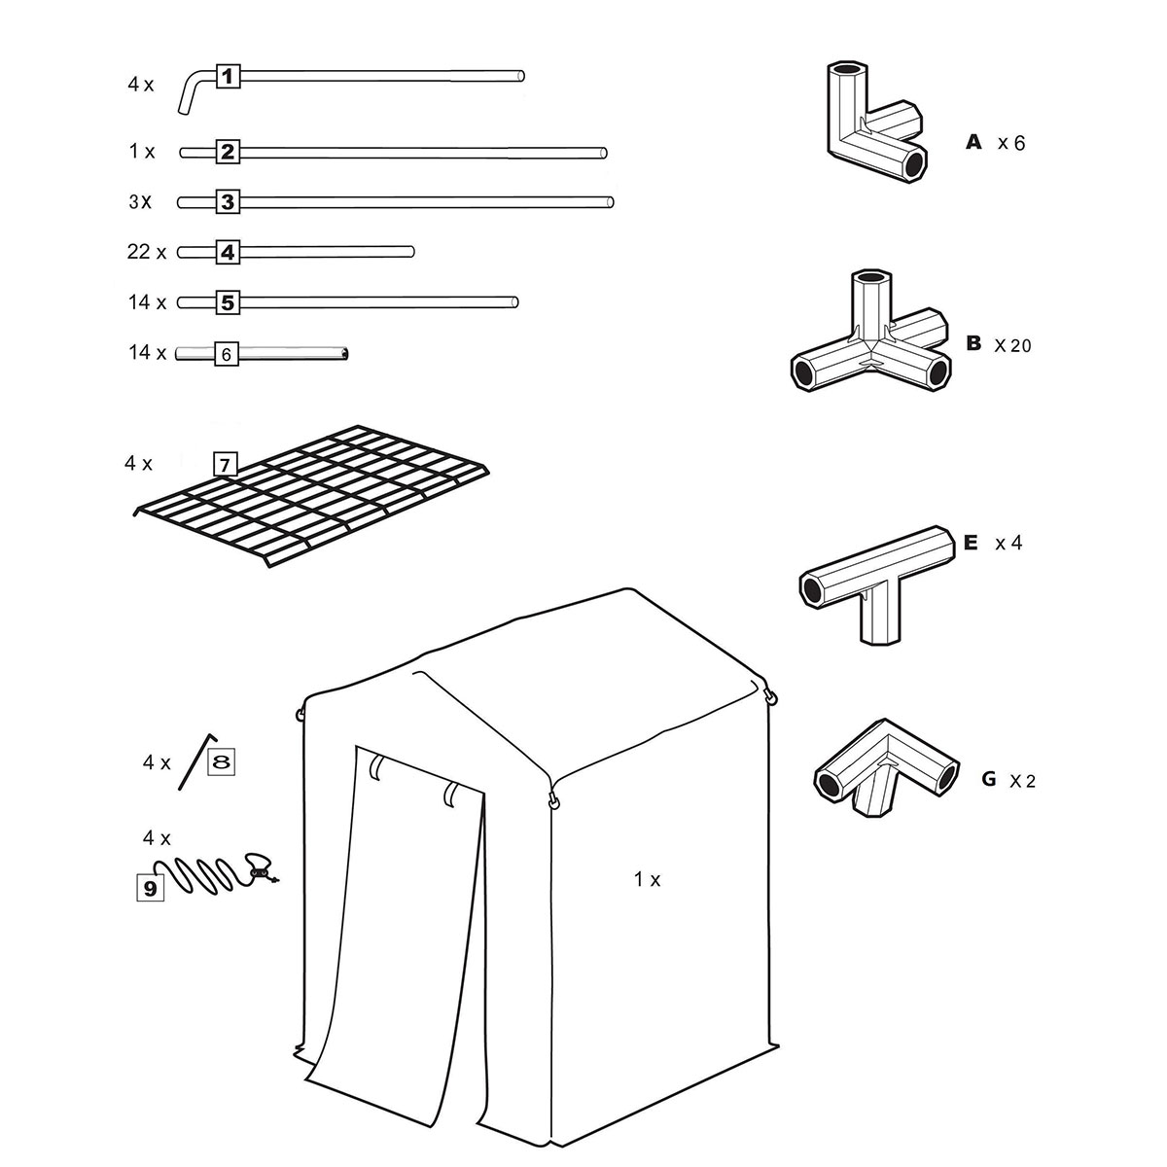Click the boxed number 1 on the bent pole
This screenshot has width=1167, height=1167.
point(227,75)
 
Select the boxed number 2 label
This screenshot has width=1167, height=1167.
point(227,152)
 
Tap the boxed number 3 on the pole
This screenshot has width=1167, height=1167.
point(227,202)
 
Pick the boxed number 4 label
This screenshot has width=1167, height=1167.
point(227,253)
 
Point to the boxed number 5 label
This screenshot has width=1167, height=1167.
point(227,302)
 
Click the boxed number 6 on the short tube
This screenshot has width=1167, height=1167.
point(226,354)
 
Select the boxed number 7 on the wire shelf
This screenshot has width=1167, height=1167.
point(225,465)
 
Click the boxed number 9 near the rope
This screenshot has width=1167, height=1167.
point(149,887)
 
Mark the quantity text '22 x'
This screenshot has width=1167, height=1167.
point(147,252)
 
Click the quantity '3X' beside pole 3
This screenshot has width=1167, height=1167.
point(141,202)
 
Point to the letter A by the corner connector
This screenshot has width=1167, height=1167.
point(973,143)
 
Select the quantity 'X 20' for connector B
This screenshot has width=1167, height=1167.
point(1012,345)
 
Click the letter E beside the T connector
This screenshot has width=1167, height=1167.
point(970,543)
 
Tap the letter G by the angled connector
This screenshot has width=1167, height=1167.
point(989,779)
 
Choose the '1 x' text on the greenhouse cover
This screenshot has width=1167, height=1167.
point(647,879)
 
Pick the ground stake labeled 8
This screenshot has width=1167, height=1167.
point(195,761)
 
